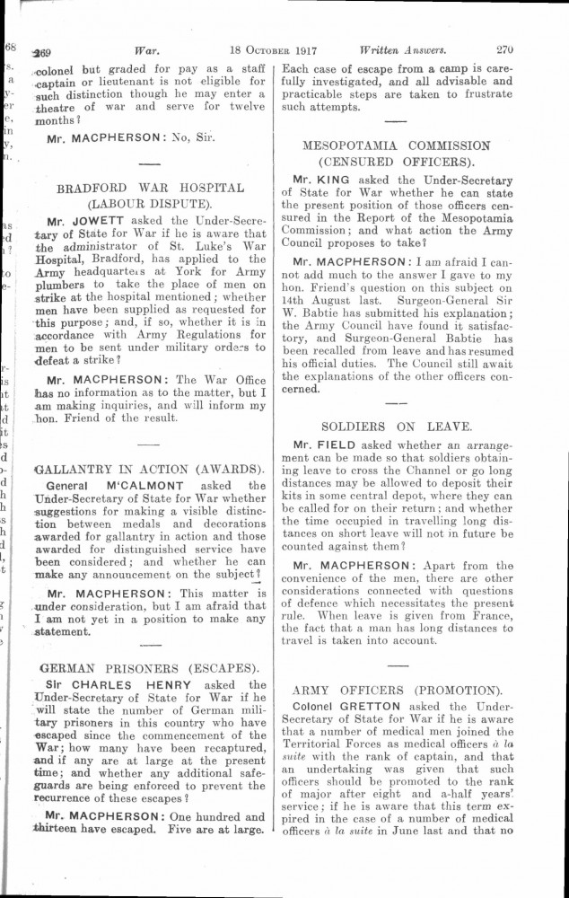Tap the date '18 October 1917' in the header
tap(279, 50)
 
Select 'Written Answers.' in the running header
tap(404, 50)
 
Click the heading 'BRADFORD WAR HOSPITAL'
tap(151, 188)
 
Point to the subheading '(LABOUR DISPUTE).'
tap(150, 205)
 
